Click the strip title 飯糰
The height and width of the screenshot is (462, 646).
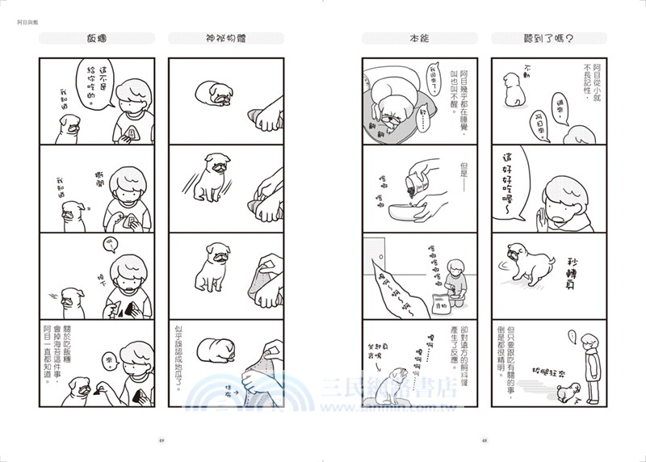point(97,38)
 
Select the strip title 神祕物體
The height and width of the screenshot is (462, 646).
point(225,38)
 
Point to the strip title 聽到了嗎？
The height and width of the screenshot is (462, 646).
point(548,38)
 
